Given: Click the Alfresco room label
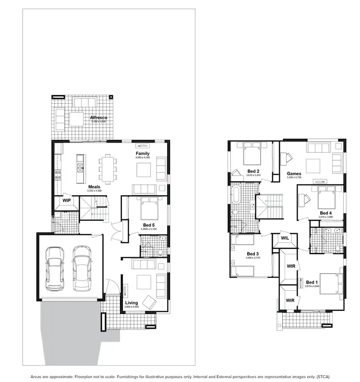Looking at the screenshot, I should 98,118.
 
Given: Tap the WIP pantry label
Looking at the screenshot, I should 67,200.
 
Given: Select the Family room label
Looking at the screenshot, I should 143,154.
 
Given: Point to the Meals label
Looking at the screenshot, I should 94,187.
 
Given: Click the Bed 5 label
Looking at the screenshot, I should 149,225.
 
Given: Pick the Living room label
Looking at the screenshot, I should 132,303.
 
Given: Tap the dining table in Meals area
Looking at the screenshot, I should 108,167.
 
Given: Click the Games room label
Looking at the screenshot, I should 294,173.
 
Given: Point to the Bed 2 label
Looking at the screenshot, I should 253,171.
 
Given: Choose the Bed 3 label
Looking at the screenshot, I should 252,254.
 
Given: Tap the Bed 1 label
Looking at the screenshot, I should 312,282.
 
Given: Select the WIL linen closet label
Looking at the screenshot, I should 284,238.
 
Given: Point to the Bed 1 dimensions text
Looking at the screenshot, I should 312,286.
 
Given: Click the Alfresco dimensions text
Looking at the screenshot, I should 98,122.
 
